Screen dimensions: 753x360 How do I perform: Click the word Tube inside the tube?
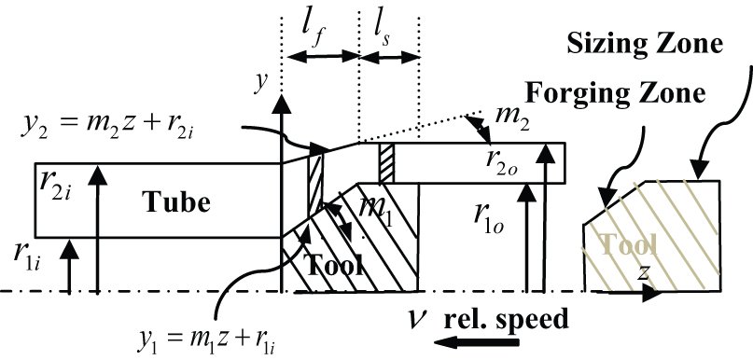coord(175,202)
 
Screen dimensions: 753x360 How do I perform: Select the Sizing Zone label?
coord(645,44)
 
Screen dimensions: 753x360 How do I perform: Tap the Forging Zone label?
coord(615,93)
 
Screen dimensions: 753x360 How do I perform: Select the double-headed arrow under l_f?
coord(323,57)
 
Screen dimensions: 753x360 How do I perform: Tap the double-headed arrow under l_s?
coord(389,57)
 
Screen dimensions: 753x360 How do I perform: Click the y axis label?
coord(261,83)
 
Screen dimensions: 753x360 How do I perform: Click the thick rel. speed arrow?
coord(477,342)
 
